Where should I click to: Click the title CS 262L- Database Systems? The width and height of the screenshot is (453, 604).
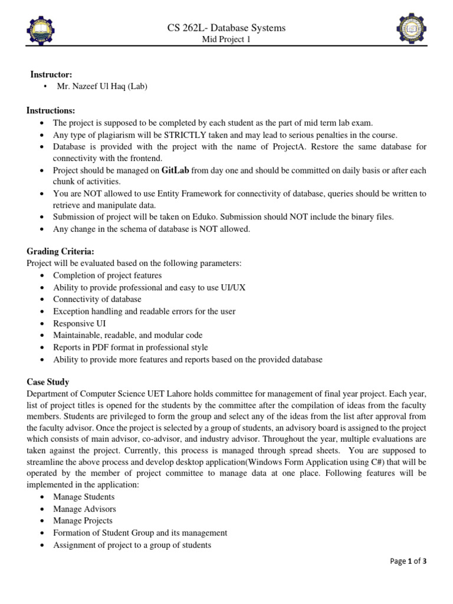pos(226,28)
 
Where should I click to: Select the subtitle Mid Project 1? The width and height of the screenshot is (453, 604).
pos(226,40)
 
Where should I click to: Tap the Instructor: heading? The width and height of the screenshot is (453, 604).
pos(51,74)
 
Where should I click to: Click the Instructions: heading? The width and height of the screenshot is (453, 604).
pos(51,111)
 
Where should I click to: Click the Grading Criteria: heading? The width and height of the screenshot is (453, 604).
pos(60,252)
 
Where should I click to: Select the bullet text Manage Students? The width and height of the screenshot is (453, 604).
pos(84,497)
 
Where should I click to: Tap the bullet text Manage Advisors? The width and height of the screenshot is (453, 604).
pos(84,508)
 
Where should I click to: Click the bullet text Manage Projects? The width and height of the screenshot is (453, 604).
pos(83,521)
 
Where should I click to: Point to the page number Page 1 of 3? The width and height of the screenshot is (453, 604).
pos(408,562)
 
